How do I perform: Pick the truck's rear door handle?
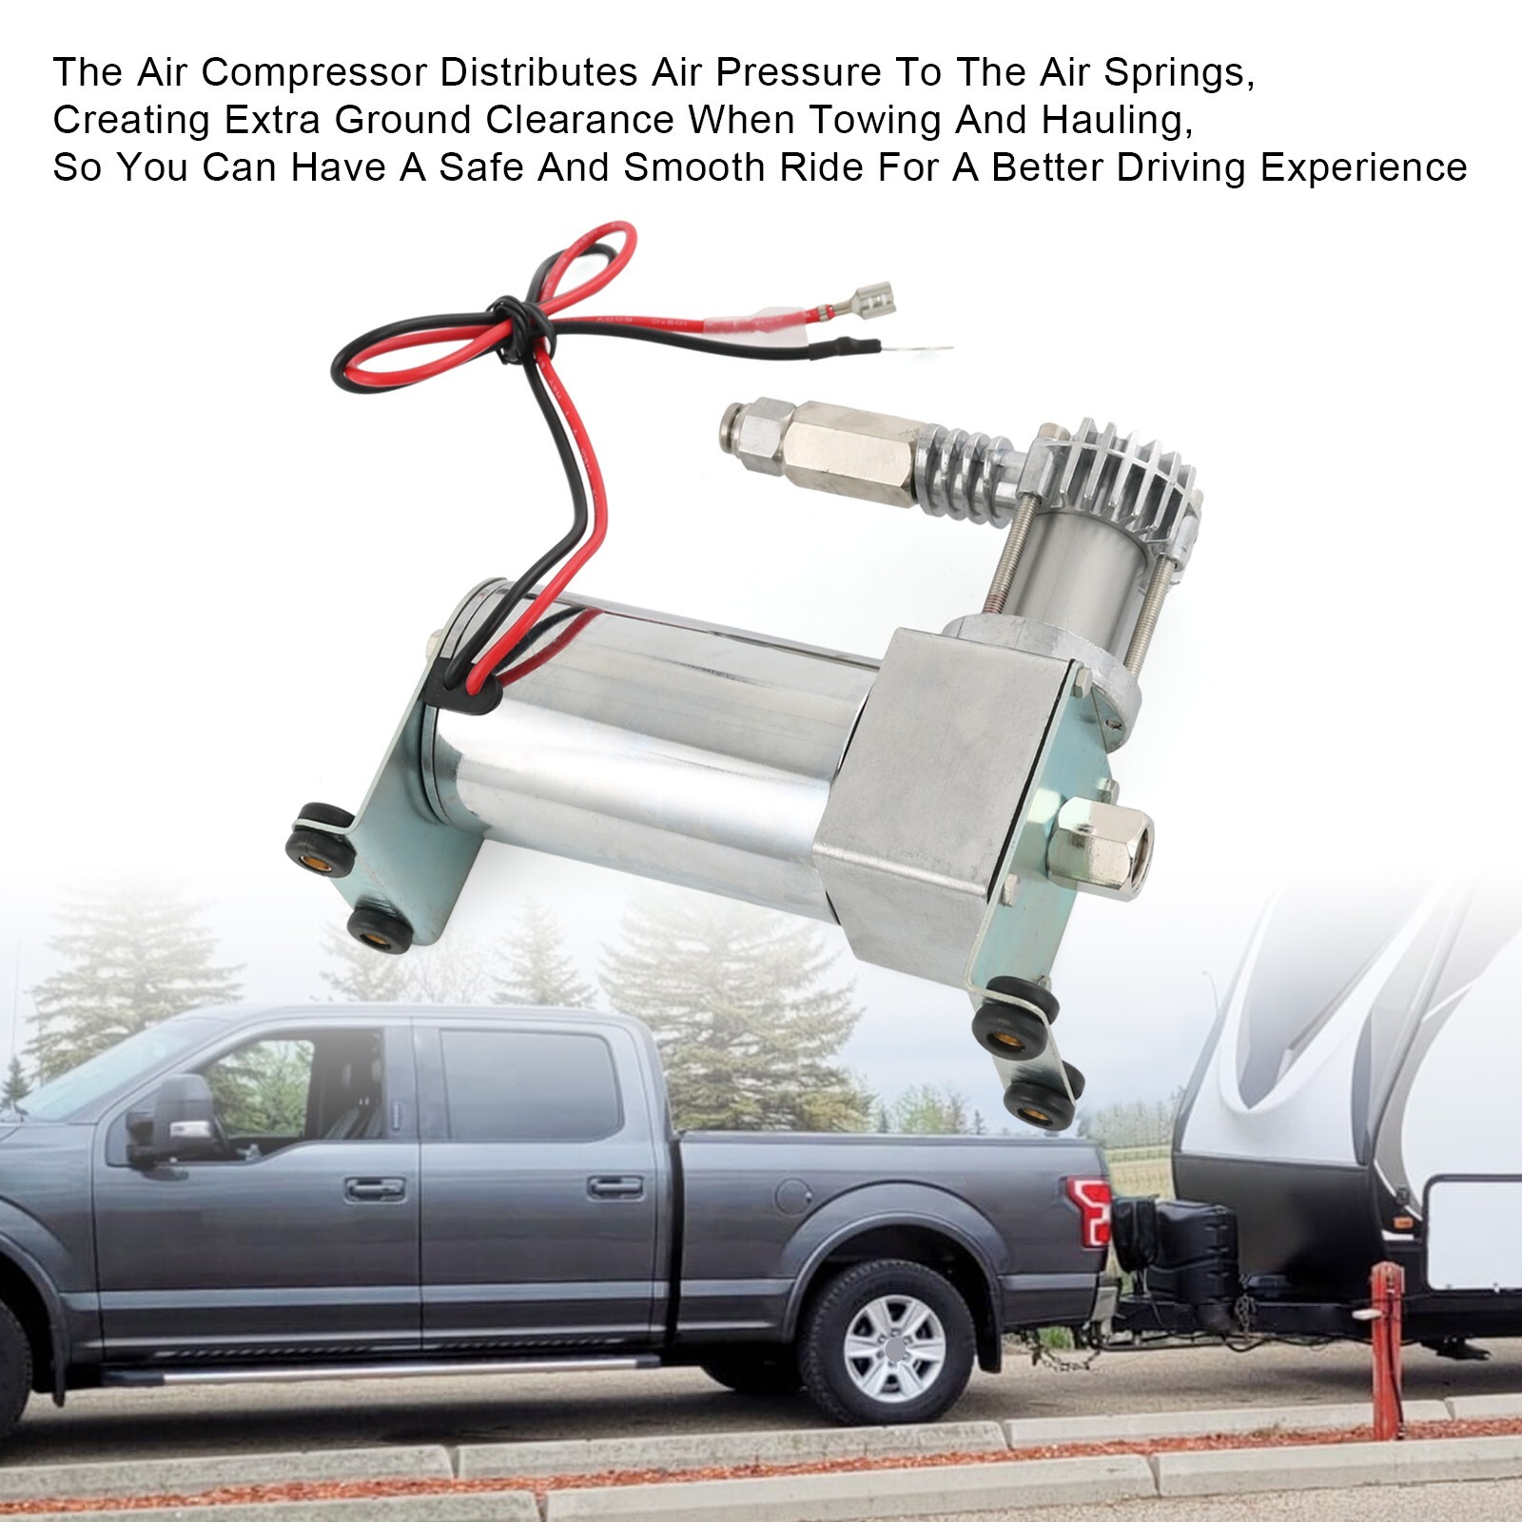pos(615,1186)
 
